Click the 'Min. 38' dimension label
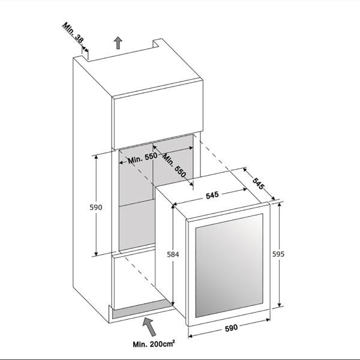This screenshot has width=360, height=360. (x=73, y=32)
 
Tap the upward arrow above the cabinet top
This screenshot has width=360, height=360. (x=118, y=43)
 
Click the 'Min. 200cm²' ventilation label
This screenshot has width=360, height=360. (x=154, y=344)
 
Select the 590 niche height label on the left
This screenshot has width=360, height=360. (x=96, y=208)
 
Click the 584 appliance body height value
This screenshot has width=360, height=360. (x=173, y=254)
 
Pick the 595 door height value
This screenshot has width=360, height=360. (x=278, y=254)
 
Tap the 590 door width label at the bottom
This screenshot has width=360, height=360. (x=231, y=328)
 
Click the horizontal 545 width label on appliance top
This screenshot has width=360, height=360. (x=212, y=196)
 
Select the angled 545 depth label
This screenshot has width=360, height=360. (x=257, y=184)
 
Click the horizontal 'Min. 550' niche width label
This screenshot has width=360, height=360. (x=143, y=158)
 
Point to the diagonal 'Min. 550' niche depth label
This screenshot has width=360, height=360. (x=174, y=166)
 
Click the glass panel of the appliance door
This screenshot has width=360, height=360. (x=229, y=266)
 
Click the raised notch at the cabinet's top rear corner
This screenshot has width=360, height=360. (x=158, y=43)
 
